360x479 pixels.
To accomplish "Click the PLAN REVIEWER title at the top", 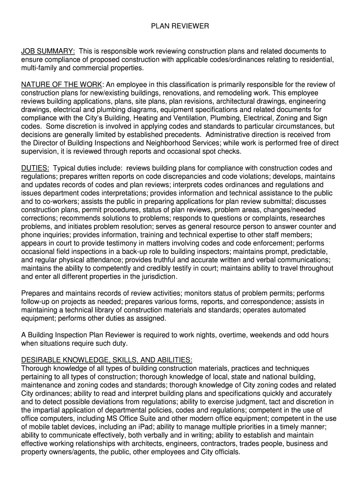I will [x=180, y=27].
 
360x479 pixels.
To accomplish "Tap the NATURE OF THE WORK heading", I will [x=62, y=85].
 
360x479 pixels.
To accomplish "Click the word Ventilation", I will [x=184, y=118].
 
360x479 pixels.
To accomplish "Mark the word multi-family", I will [x=39, y=68].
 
